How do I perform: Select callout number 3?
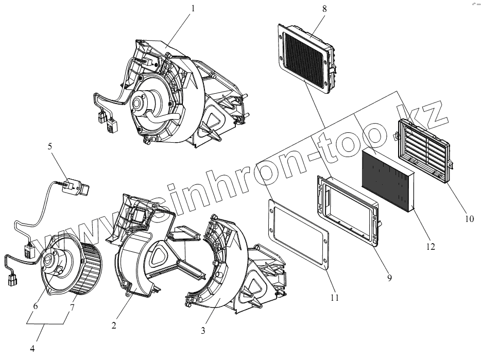pyautogui.click(x=203, y=330)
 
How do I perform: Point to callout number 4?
pyautogui.click(x=32, y=348)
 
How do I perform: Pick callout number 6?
pyautogui.click(x=35, y=306)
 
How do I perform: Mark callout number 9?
pyautogui.click(x=390, y=278)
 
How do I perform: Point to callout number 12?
pyautogui.click(x=431, y=247)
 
